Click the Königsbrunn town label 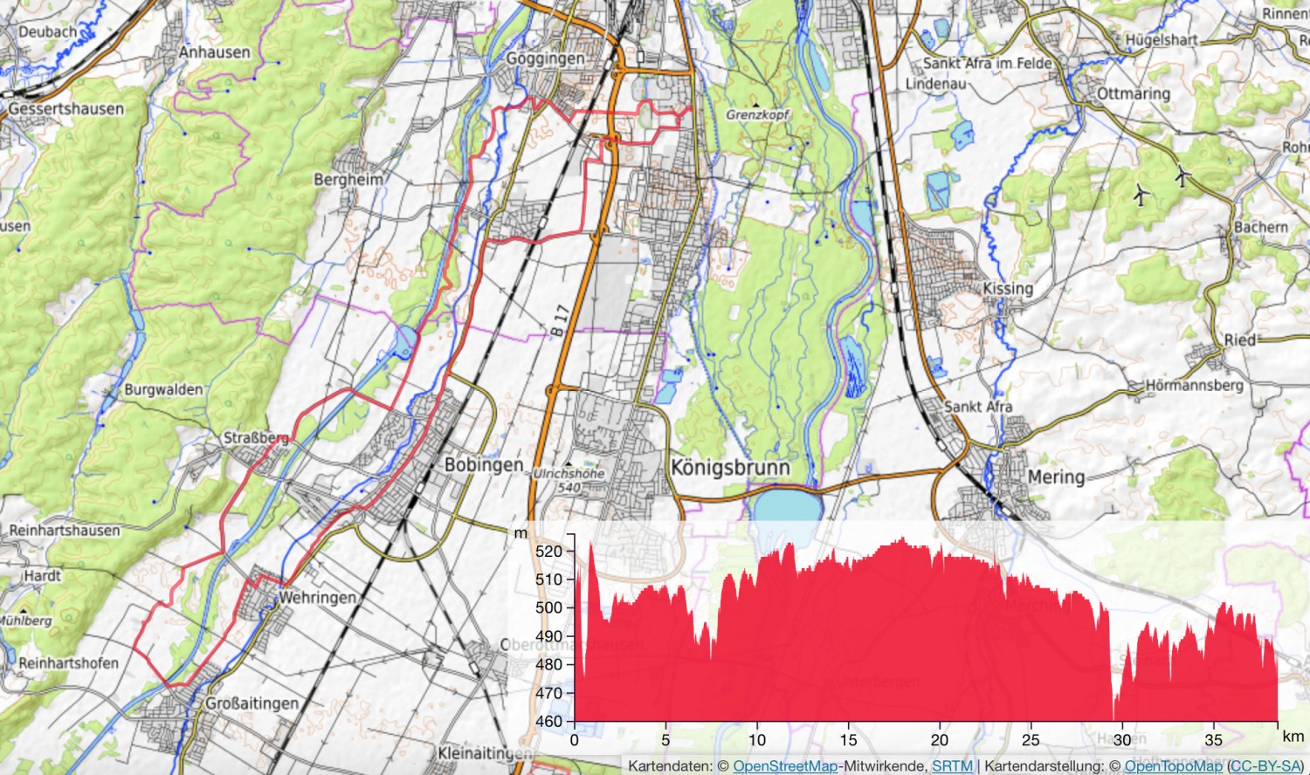(x=730, y=468)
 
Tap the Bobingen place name (x=484, y=465)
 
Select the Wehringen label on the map (x=317, y=598)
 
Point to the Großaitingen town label (x=252, y=703)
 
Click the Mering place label (x=1056, y=477)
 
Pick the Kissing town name (x=1008, y=289)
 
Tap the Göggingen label (x=546, y=58)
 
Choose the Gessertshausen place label (x=66, y=109)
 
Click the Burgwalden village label (x=163, y=390)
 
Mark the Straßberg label (x=256, y=438)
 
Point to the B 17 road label (x=560, y=320)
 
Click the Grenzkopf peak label (x=757, y=114)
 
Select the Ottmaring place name (x=1134, y=93)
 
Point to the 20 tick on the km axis (x=940, y=740)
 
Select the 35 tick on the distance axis (x=1214, y=740)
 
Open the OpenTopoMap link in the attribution (x=1175, y=766)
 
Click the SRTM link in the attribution (x=952, y=766)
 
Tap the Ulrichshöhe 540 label (x=569, y=480)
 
